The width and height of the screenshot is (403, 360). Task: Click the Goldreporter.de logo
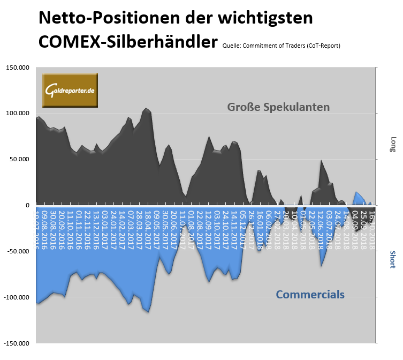(x=70, y=89)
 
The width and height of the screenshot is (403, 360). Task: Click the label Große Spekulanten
(x=278, y=107)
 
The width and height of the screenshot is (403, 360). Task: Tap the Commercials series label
(x=310, y=294)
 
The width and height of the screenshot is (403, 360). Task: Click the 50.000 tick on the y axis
(x=20, y=160)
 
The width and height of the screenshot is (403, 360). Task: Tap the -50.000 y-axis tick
(x=19, y=251)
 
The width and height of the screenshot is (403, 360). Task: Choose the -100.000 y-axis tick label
(x=18, y=297)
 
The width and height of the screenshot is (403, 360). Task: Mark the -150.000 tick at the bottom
(x=18, y=342)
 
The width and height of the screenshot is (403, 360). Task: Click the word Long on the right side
(x=393, y=143)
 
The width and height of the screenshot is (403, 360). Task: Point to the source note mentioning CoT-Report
(x=282, y=46)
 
